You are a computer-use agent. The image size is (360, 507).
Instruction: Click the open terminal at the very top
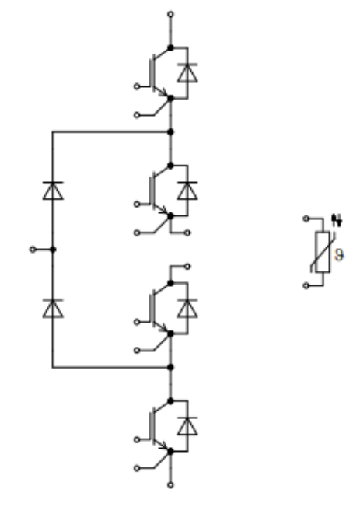[170, 14]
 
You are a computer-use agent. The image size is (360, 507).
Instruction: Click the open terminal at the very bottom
[170, 485]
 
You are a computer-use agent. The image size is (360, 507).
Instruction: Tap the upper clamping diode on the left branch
[53, 191]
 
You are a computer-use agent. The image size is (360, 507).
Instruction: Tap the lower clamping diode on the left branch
[53, 309]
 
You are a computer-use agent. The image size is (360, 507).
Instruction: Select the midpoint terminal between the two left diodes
[33, 250]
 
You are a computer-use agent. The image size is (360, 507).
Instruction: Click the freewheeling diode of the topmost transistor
[187, 73]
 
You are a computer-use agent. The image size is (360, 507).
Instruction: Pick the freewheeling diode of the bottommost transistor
[187, 426]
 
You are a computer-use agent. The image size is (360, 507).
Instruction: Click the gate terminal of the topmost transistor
[137, 86]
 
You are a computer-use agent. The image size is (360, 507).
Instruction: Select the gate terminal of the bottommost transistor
[137, 439]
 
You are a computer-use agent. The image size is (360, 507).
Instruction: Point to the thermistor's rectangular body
[323, 252]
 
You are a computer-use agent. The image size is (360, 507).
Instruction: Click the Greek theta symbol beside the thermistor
[339, 255]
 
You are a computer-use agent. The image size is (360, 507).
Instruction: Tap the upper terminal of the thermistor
[306, 219]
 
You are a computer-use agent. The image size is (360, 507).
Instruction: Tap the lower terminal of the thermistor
[306, 285]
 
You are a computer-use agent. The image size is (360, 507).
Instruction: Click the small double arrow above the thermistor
[337, 220]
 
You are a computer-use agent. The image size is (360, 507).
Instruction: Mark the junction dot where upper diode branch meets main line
[170, 132]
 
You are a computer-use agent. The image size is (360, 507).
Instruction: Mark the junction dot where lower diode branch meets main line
[170, 367]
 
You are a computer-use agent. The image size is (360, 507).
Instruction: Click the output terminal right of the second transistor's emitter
[187, 233]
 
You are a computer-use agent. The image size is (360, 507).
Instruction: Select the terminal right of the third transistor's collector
[187, 267]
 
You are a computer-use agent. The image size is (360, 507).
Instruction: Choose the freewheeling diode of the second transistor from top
[187, 191]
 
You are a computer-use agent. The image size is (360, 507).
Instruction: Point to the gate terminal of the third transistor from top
[137, 322]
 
